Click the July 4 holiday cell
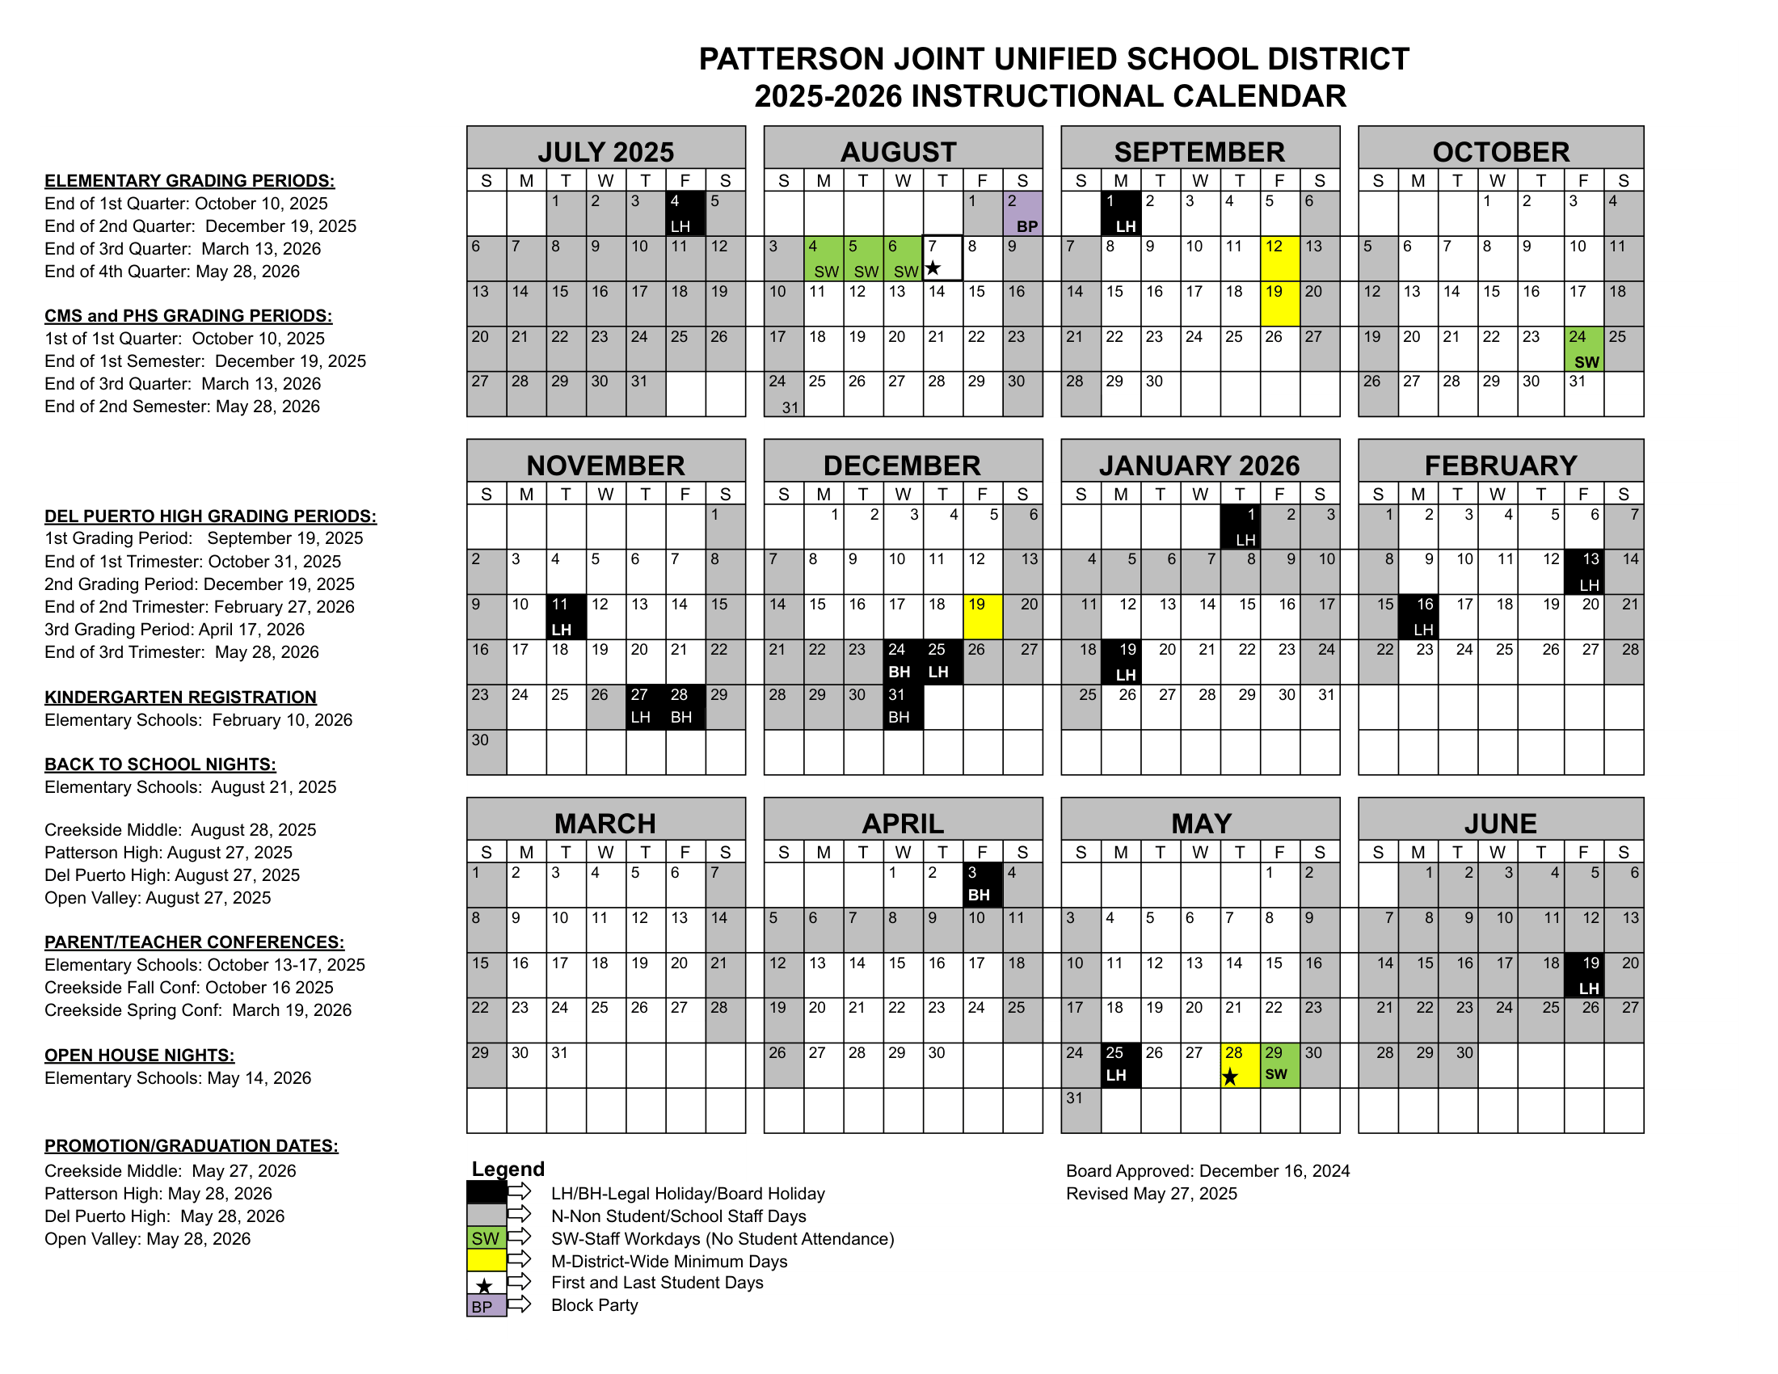coord(685,213)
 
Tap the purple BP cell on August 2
coord(1022,213)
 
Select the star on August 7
coord(933,268)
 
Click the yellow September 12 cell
coord(1279,258)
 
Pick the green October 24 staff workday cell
coord(1583,348)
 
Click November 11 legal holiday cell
coord(566,616)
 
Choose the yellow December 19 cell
coord(982,616)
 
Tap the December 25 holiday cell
coord(942,661)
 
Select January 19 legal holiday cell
coord(1120,661)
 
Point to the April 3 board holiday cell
coord(982,884)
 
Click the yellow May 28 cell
coord(1239,1064)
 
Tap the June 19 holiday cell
coord(1583,975)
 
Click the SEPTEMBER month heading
coord(1199,152)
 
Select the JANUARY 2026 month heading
coord(1199,466)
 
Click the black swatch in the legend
coord(486,1192)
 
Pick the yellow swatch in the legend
coord(486,1260)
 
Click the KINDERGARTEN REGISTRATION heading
coord(180,697)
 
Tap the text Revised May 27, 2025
coord(1151,1193)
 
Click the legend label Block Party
coord(594,1304)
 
